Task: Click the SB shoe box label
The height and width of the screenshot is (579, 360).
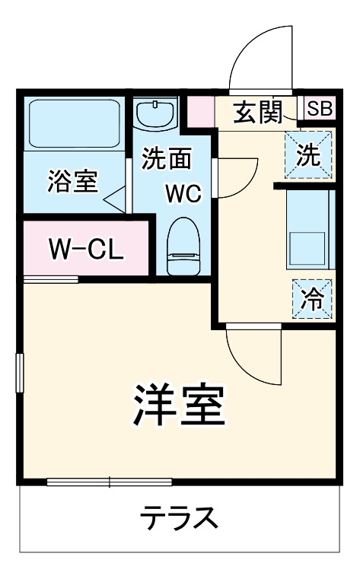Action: tap(320, 109)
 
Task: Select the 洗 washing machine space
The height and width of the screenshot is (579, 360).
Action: tap(308, 155)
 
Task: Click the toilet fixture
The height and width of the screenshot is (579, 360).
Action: tap(182, 244)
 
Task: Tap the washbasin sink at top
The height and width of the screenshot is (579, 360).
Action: tap(155, 115)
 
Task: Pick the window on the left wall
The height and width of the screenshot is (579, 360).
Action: tap(20, 373)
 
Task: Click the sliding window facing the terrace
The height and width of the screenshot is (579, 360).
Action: tap(108, 482)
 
